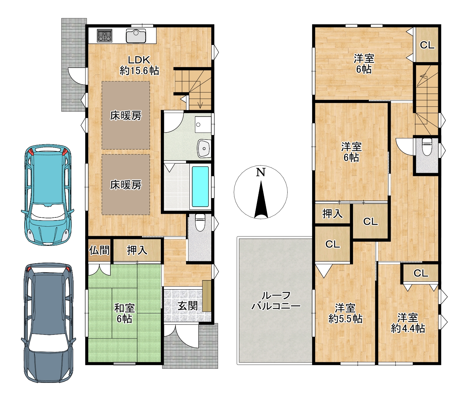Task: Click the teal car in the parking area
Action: (x=48, y=195)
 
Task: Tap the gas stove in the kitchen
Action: (x=105, y=36)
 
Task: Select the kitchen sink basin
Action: (x=136, y=36)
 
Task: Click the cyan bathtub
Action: (x=200, y=187)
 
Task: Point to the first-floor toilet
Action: (x=200, y=222)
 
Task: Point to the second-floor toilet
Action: (x=427, y=147)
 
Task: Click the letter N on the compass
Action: (x=261, y=173)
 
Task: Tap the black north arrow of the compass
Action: (x=261, y=200)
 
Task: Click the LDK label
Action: (x=139, y=60)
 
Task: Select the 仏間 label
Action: (x=99, y=251)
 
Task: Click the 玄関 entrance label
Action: (x=188, y=306)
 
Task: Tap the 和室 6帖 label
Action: (x=124, y=313)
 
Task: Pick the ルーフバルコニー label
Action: (x=276, y=301)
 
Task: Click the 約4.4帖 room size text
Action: (x=408, y=328)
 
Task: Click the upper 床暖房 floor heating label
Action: (x=126, y=116)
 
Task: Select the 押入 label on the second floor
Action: (x=332, y=213)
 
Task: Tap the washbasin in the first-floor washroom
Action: (x=204, y=149)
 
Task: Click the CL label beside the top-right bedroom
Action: (x=427, y=45)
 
